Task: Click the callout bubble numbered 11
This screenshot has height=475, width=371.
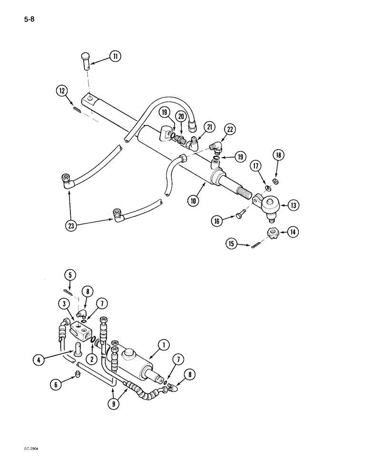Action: [115, 57]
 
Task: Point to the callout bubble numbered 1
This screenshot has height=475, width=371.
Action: [163, 344]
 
